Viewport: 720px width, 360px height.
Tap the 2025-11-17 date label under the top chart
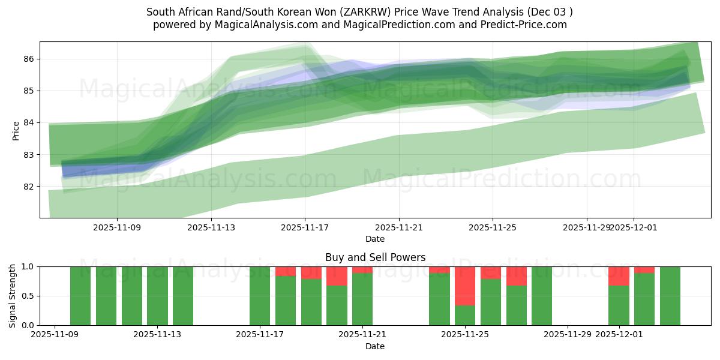click(x=305, y=227)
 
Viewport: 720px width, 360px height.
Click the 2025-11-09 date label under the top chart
click(x=117, y=227)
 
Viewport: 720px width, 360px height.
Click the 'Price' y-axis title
click(x=16, y=130)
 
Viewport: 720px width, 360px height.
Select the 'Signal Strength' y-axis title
click(x=13, y=296)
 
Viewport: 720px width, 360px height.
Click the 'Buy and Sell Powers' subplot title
click(x=375, y=257)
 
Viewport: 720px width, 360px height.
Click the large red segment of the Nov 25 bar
click(x=465, y=286)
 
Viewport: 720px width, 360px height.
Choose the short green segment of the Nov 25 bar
click(x=465, y=316)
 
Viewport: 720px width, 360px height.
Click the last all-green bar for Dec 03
click(x=670, y=296)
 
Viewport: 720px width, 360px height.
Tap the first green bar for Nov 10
click(x=80, y=296)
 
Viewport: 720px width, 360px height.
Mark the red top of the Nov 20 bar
click(x=337, y=276)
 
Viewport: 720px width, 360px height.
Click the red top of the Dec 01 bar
click(x=619, y=276)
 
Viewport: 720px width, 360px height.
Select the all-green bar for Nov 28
click(x=542, y=296)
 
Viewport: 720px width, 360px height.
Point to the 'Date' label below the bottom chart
click(x=375, y=346)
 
